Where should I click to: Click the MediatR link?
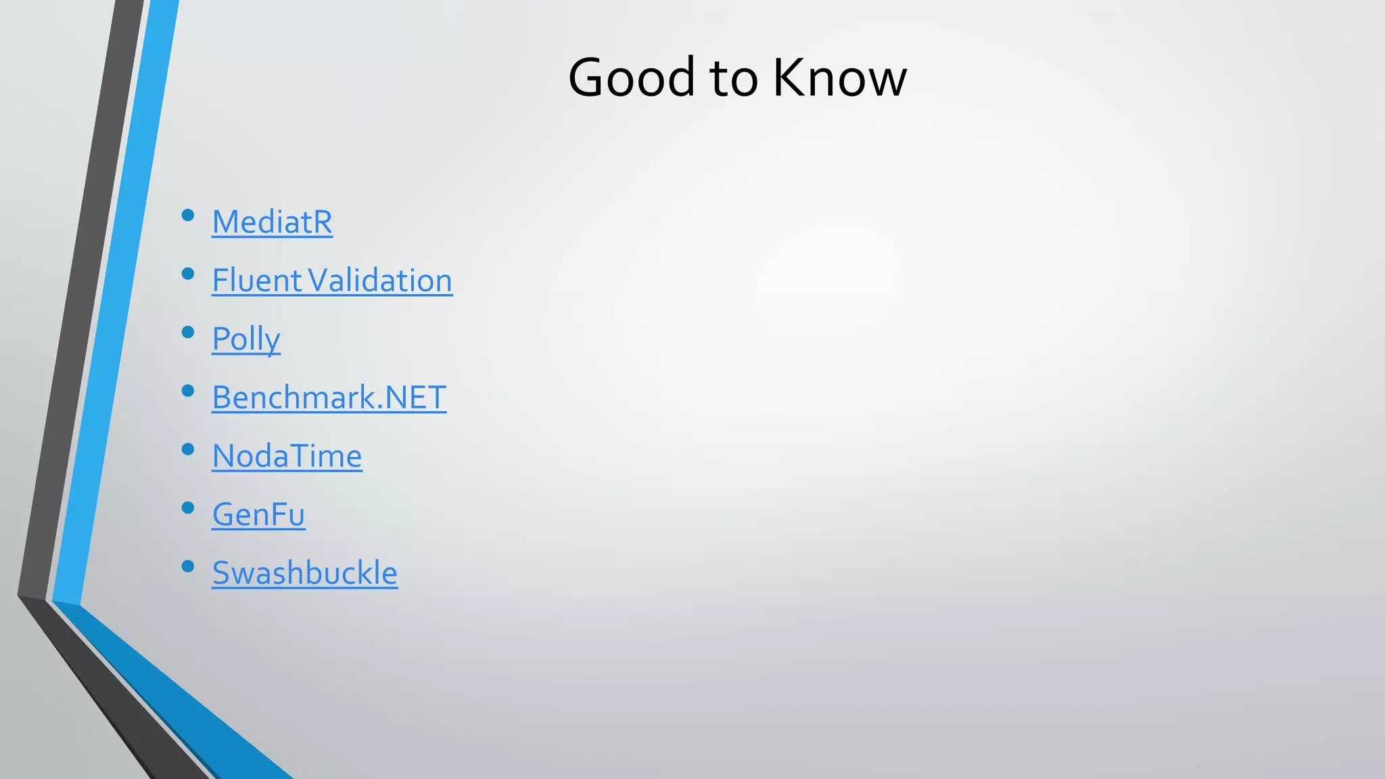pyautogui.click(x=272, y=222)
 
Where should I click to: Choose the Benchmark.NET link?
pyautogui.click(x=329, y=398)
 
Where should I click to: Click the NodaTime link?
pyautogui.click(x=287, y=456)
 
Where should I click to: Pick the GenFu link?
pyautogui.click(x=258, y=515)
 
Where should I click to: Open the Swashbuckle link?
pyautogui.click(x=304, y=573)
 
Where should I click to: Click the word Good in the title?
pyautogui.click(x=631, y=77)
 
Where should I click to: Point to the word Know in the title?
pyautogui.click(x=839, y=77)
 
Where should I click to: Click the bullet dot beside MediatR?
pyautogui.click(x=188, y=216)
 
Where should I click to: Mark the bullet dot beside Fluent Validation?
pyautogui.click(x=188, y=274)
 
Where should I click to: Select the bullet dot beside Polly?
pyautogui.click(x=188, y=333)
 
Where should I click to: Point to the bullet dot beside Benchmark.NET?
pyautogui.click(x=188, y=391)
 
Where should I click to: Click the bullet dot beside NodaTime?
pyautogui.click(x=188, y=450)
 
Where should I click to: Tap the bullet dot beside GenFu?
pyautogui.click(x=188, y=508)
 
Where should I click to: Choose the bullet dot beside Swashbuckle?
pyautogui.click(x=188, y=567)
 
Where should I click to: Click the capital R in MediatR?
pyautogui.click(x=322, y=222)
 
